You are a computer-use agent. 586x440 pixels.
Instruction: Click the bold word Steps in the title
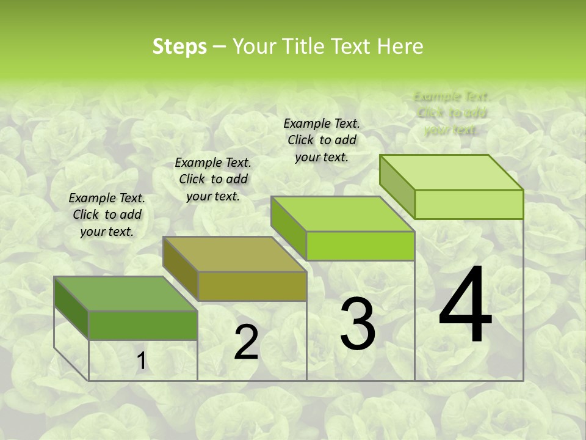coord(179,46)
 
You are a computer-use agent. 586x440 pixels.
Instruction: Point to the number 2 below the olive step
coord(246,342)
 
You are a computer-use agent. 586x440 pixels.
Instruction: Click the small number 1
coord(141,361)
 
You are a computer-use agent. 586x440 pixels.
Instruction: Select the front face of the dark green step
coord(143,325)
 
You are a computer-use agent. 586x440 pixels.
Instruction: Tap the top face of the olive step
coord(235,254)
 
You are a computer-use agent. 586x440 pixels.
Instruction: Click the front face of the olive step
coord(252,286)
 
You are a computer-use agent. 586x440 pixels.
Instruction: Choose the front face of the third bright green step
coord(360,246)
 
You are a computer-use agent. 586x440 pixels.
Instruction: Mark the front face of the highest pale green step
coord(469,204)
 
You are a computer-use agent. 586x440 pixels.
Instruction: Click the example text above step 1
coord(107,215)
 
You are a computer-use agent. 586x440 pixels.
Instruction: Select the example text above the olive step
coord(213,179)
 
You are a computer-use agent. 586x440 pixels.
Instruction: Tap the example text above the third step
coord(322,140)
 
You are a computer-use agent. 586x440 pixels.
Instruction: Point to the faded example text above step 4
coord(452,113)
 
